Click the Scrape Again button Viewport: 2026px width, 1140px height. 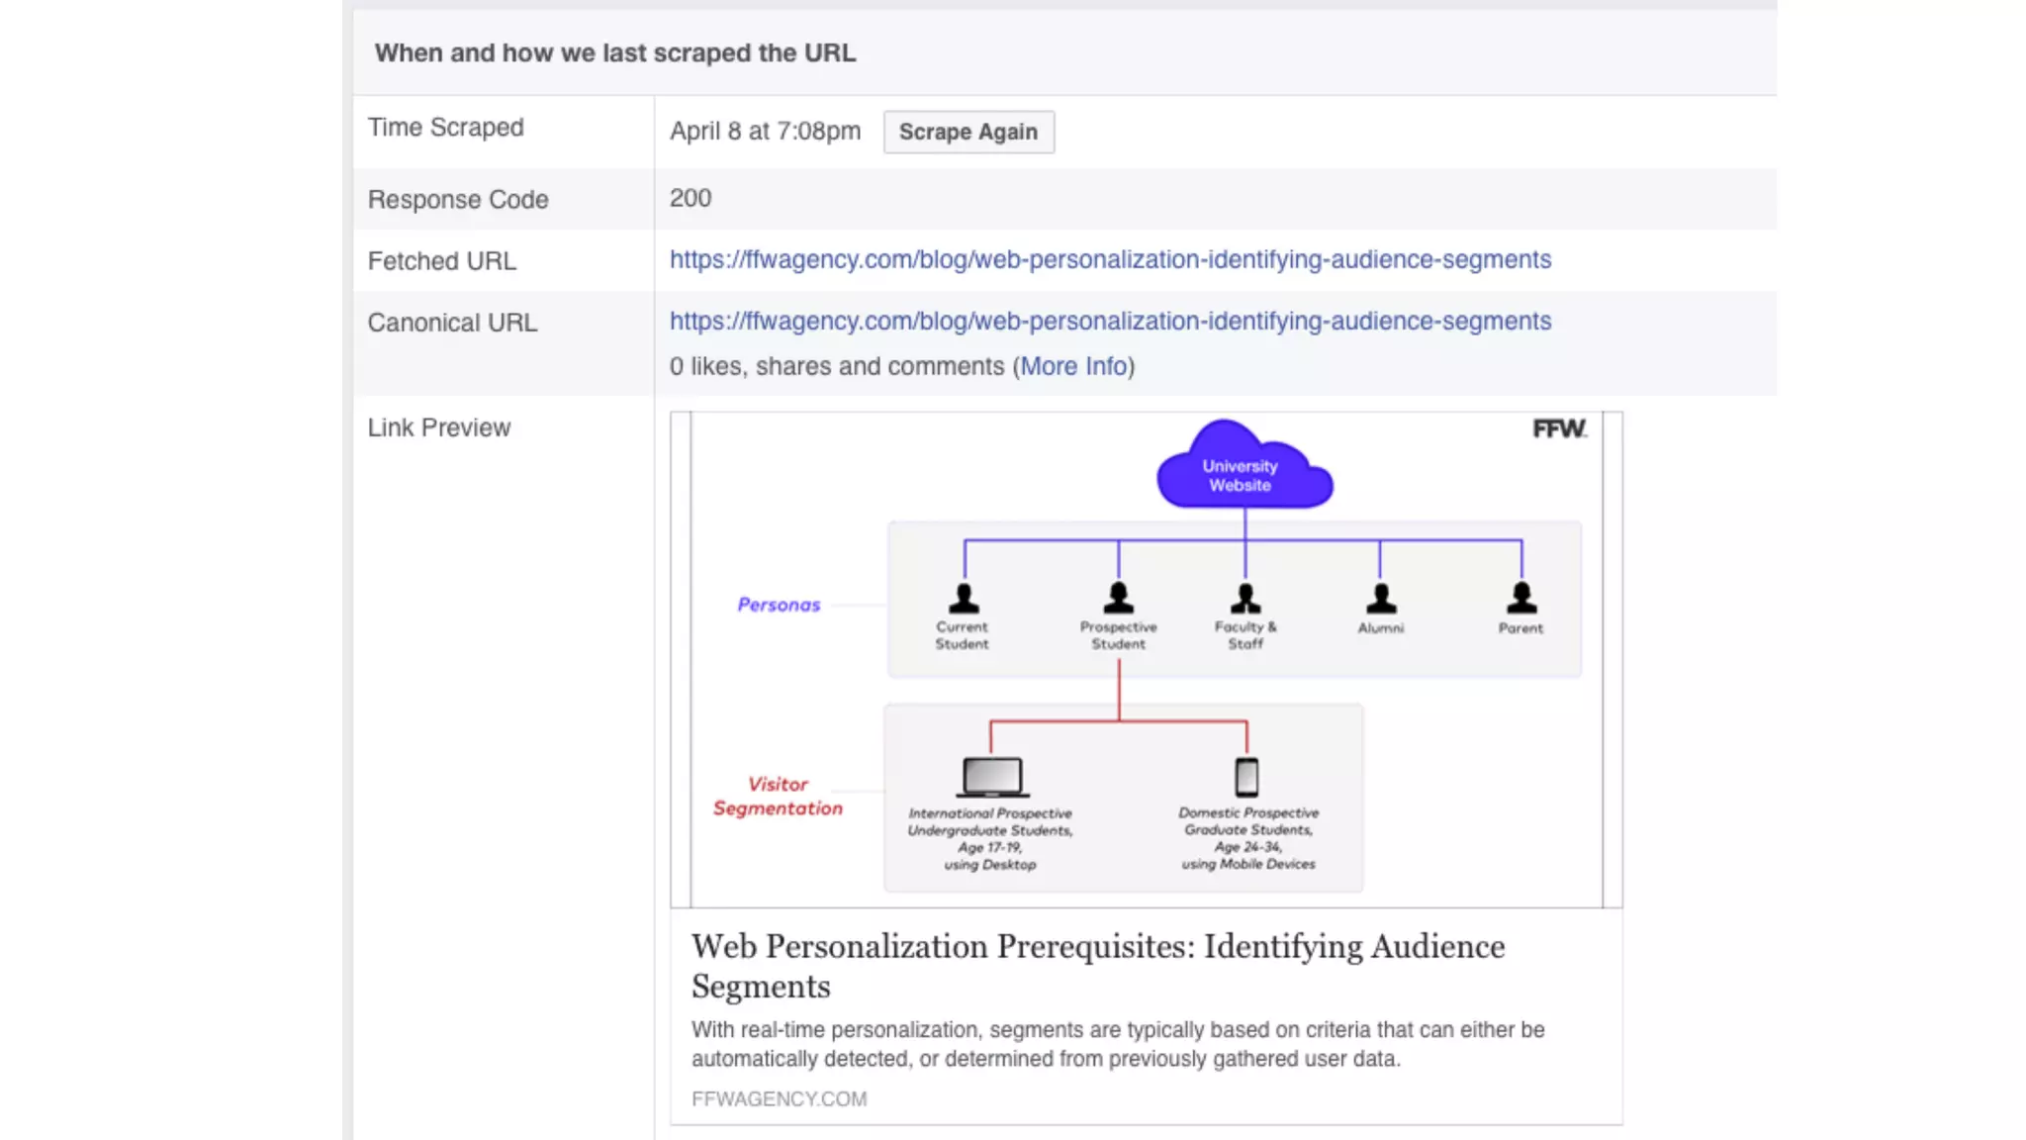pos(967,132)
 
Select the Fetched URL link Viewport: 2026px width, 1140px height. pos(1110,259)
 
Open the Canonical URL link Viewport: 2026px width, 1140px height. pos(1110,321)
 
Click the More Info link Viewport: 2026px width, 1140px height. pos(1073,366)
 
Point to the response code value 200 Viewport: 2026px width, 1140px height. pos(690,198)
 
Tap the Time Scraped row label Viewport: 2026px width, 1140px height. pos(445,128)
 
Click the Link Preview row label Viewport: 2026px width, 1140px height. pos(438,427)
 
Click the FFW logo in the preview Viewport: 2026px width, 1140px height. pos(1559,428)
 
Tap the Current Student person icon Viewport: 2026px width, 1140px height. pos(964,598)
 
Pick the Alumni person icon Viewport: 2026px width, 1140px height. pos(1381,598)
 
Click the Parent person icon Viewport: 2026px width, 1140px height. pos(1521,598)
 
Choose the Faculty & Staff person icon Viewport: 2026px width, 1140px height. pos(1245,598)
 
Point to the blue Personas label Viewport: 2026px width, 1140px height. pos(779,605)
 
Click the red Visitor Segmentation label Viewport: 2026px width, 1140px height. pos(778,796)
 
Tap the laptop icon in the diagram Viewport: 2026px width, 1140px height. pos(991,777)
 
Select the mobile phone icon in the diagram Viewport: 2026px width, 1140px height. pos(1246,777)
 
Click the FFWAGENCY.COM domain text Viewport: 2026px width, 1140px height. pos(779,1098)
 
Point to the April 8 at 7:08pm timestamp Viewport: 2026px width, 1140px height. pos(765,132)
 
